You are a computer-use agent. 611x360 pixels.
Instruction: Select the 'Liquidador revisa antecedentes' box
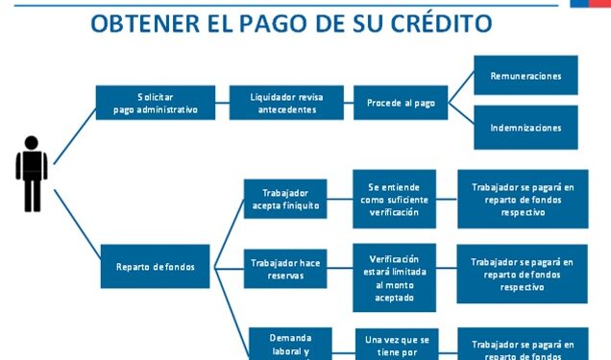285,103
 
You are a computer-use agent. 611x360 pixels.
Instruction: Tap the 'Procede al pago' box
401,103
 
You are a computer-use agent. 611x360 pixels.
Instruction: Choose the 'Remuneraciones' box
525,75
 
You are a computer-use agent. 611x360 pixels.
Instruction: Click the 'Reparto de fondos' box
155,266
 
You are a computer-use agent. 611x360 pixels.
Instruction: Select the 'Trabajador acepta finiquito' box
285,199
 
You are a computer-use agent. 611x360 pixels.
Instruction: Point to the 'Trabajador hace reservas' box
285,268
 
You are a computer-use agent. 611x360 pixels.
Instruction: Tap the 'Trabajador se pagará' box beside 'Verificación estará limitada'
523,274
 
